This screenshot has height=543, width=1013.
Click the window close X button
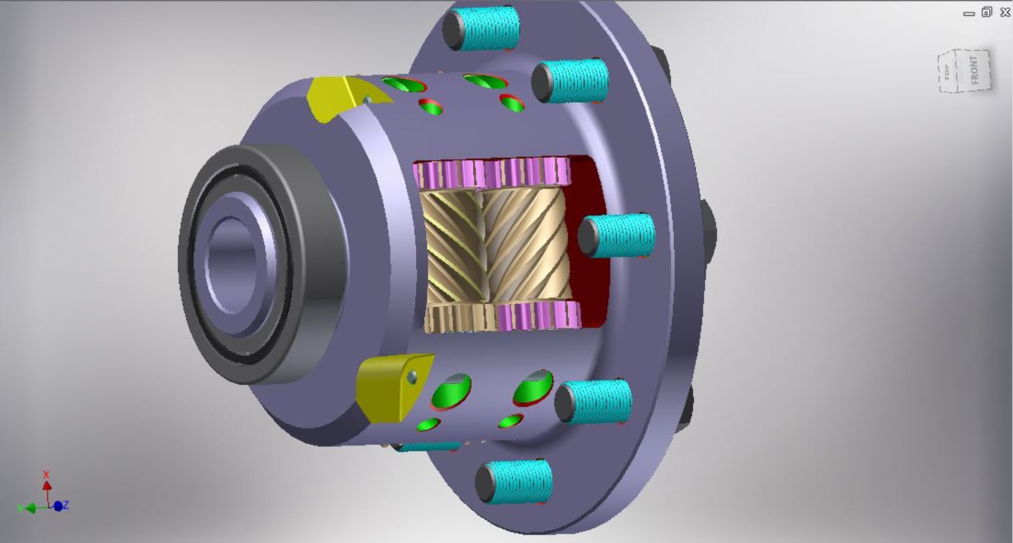pyautogui.click(x=1005, y=12)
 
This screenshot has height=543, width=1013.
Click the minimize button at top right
pyautogui.click(x=969, y=13)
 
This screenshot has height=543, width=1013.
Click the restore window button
pyautogui.click(x=987, y=12)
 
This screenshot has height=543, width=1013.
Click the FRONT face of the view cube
pyautogui.click(x=974, y=70)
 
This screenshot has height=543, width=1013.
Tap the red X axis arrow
pyautogui.click(x=46, y=484)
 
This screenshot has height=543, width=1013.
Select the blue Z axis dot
pyautogui.click(x=58, y=506)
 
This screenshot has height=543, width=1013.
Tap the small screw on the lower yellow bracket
pyautogui.click(x=412, y=377)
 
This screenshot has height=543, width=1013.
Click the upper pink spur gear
pyautogui.click(x=491, y=173)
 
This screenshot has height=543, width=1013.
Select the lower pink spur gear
pyautogui.click(x=538, y=316)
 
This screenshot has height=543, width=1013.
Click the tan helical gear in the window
pyautogui.click(x=496, y=245)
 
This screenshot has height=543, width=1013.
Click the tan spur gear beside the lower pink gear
pyautogui.click(x=459, y=318)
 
